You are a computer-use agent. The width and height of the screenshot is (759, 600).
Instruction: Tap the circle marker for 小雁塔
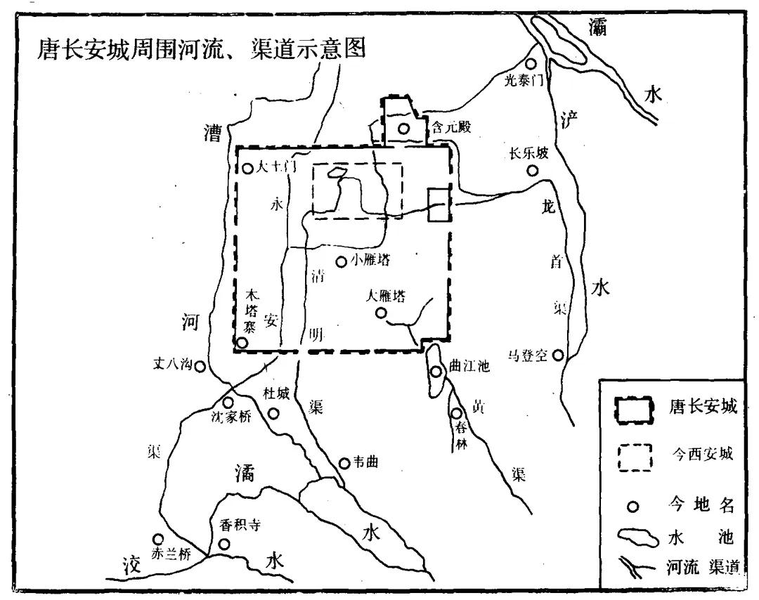click(x=341, y=262)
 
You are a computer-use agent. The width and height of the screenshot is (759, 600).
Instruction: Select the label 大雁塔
click(x=386, y=296)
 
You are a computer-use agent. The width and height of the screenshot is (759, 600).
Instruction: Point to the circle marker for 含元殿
click(x=403, y=129)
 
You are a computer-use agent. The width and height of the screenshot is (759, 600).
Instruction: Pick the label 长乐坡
click(x=530, y=154)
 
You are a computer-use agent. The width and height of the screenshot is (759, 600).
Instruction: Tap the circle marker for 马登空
click(x=558, y=356)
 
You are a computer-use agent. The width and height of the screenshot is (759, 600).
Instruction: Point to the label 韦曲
click(x=365, y=462)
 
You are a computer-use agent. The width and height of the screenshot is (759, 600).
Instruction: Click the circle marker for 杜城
click(x=274, y=412)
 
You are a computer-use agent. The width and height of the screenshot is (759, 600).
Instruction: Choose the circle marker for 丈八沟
click(x=200, y=366)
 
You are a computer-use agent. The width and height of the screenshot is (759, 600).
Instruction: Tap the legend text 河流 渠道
click(x=699, y=568)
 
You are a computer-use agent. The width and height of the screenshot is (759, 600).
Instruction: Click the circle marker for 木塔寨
click(x=242, y=343)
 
